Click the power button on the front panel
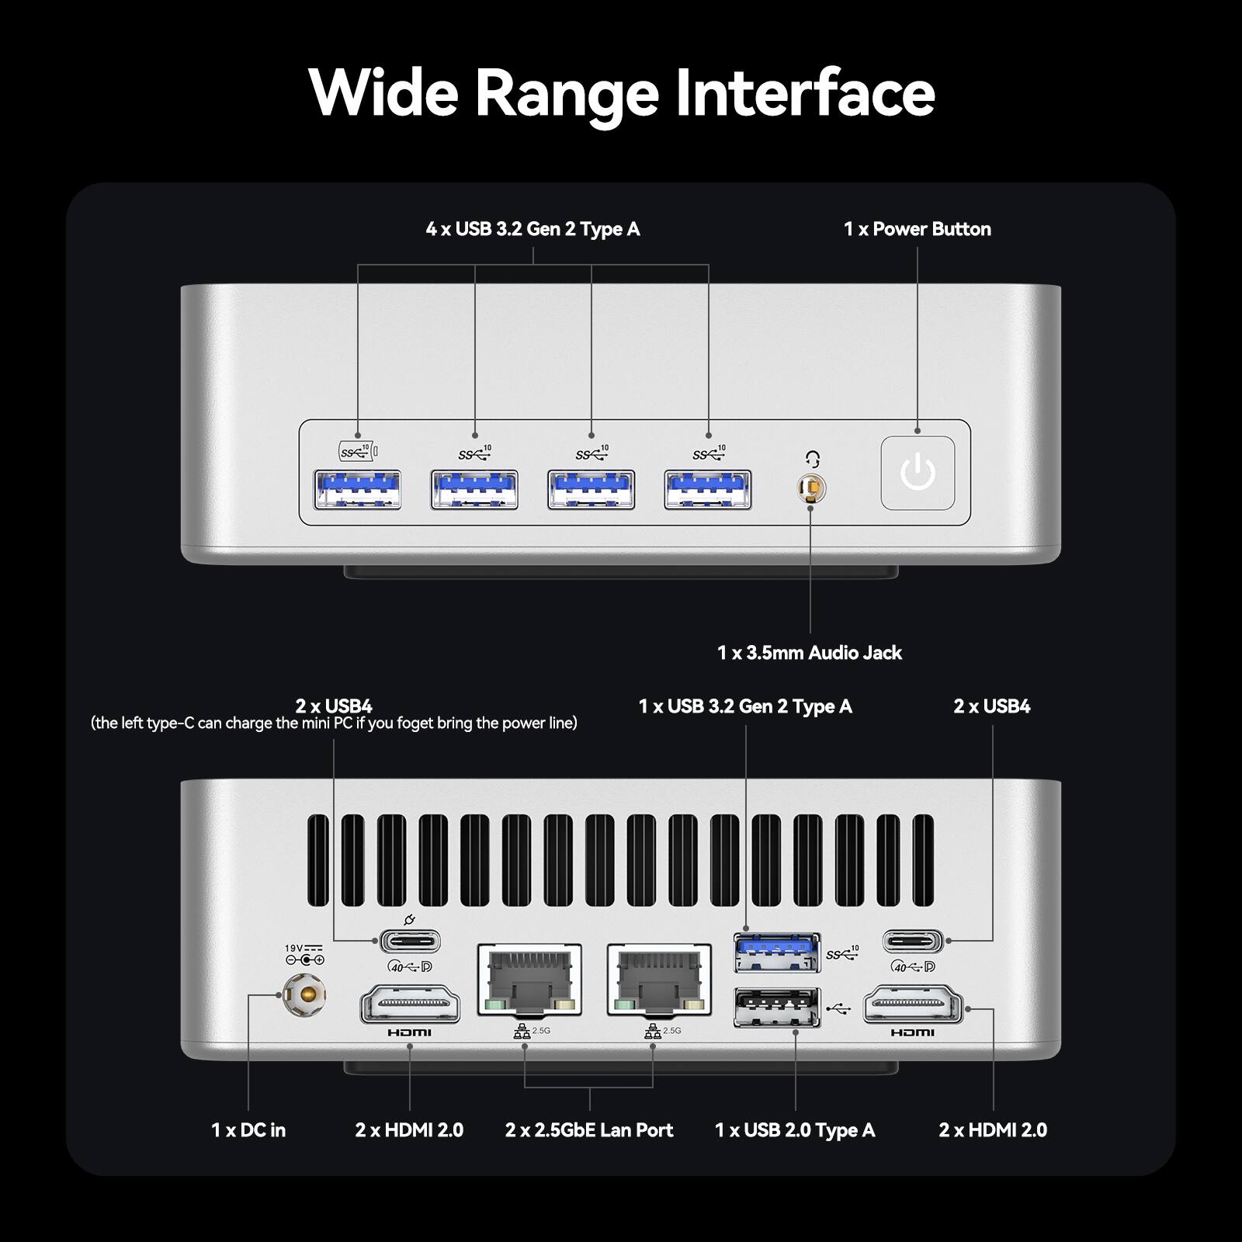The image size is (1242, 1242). coord(918,473)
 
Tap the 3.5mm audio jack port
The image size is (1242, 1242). coord(811,488)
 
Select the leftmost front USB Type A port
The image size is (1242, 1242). coord(357,489)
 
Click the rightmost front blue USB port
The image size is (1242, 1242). coord(707,489)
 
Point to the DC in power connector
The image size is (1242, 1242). coord(304,994)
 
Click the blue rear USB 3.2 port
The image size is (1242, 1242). coord(776,952)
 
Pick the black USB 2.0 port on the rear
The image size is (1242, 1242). coord(776,1008)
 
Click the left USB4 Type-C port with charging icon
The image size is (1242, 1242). coord(410,942)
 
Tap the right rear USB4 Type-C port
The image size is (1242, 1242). coord(913,942)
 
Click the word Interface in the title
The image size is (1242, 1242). coord(805,92)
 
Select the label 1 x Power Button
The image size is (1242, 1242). coord(917,229)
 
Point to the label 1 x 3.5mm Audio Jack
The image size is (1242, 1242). coord(809,653)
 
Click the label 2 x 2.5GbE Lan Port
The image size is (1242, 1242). coord(589,1130)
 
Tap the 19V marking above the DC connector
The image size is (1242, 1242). coord(294,948)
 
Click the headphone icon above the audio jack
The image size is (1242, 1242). coord(813,459)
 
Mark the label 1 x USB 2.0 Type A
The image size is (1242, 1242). coord(794,1130)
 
